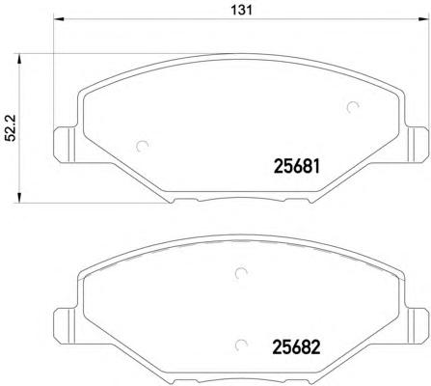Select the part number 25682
point(290,344)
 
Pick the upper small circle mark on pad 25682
point(239,272)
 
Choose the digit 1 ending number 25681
point(315,165)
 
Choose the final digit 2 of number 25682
point(314,344)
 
